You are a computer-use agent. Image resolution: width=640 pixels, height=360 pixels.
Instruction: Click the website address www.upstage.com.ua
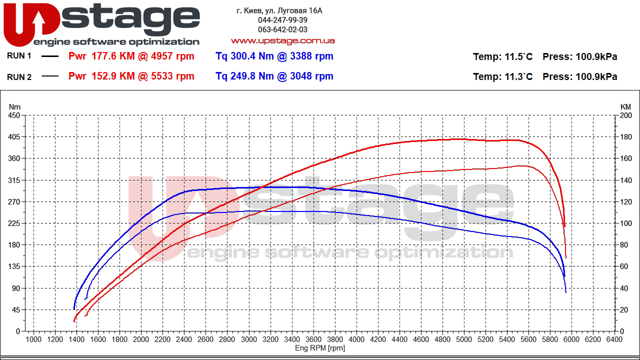click(x=282, y=40)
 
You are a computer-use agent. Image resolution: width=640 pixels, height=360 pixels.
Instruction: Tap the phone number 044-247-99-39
click(x=282, y=20)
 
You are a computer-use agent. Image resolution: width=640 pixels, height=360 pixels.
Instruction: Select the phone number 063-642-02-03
click(x=282, y=29)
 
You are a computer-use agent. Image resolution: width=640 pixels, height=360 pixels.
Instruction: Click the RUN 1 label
click(x=19, y=56)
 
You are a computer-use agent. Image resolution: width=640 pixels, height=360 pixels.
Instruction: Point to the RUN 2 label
click(x=19, y=76)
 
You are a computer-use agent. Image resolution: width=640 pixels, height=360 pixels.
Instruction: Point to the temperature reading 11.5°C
click(x=517, y=56)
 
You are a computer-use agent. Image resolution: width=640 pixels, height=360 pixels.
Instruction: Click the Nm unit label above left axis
click(x=14, y=106)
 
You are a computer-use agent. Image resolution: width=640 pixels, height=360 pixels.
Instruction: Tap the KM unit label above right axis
click(x=625, y=106)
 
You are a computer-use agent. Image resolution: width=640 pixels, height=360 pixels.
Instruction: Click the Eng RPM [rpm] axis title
click(x=320, y=348)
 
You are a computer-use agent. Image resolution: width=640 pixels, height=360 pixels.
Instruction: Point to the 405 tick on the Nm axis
click(x=14, y=137)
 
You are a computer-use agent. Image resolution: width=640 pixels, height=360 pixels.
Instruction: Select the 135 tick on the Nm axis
click(x=14, y=266)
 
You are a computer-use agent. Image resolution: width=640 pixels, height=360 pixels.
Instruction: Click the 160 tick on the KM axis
click(x=625, y=158)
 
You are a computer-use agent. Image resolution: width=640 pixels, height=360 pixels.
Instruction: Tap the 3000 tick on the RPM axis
click(x=248, y=339)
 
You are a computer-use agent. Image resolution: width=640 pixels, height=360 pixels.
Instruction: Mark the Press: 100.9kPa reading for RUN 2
click(x=579, y=76)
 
